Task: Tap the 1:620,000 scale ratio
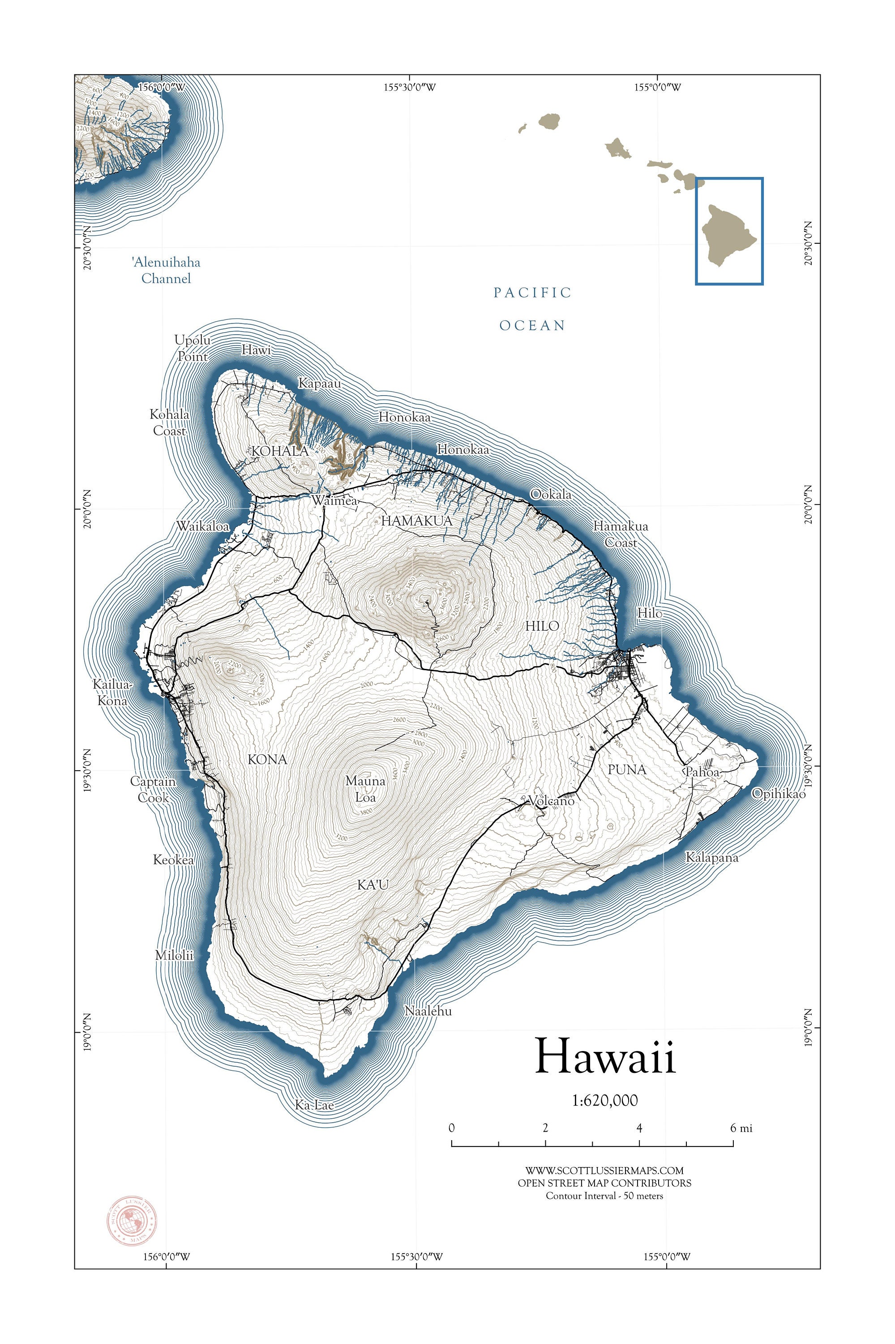(x=604, y=1100)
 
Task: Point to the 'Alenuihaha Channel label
(x=166, y=270)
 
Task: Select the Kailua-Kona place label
(x=112, y=692)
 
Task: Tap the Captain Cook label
(x=153, y=789)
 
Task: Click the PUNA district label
(x=627, y=769)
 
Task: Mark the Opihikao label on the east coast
(x=778, y=793)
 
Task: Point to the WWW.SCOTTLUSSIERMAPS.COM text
(x=604, y=1170)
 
